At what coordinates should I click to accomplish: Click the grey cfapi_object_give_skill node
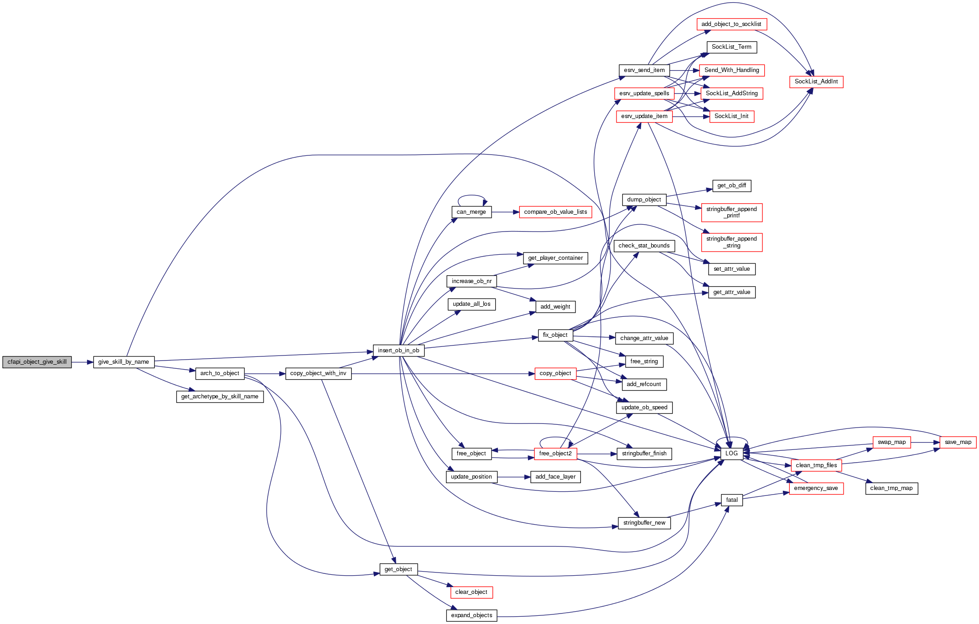[37, 362]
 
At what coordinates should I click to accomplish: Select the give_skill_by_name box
[124, 362]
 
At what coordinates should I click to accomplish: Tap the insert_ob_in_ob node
[399, 351]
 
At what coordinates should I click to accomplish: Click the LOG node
[731, 454]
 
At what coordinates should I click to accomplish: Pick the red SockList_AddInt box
[816, 82]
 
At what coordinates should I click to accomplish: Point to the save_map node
[958, 442]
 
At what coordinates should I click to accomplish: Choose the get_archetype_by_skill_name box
[220, 397]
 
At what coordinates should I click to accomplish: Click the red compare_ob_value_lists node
[555, 212]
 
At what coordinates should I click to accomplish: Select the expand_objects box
[471, 615]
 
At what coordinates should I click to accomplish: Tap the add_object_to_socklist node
[731, 24]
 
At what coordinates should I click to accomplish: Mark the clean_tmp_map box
[891, 488]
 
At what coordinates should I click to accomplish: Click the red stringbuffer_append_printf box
[731, 212]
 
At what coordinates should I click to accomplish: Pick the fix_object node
[555, 335]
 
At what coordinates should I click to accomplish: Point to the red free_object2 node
[555, 454]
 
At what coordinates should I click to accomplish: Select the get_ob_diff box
[731, 186]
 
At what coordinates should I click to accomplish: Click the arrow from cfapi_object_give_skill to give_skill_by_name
[83, 362]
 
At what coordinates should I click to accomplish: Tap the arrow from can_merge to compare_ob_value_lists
[505, 212]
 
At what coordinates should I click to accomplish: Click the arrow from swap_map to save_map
[925, 442]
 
